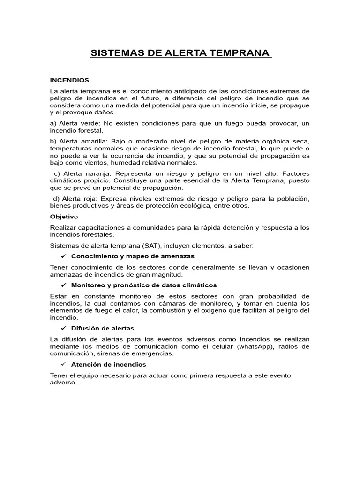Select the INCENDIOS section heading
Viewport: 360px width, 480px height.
(69, 80)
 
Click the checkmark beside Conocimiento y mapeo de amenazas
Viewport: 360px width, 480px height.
(64, 256)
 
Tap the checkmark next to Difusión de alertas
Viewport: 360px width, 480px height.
(64, 328)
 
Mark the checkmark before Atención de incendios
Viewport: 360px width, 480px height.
(64, 364)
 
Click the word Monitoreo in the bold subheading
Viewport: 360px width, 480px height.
(89, 285)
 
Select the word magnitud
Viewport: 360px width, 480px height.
(169, 274)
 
